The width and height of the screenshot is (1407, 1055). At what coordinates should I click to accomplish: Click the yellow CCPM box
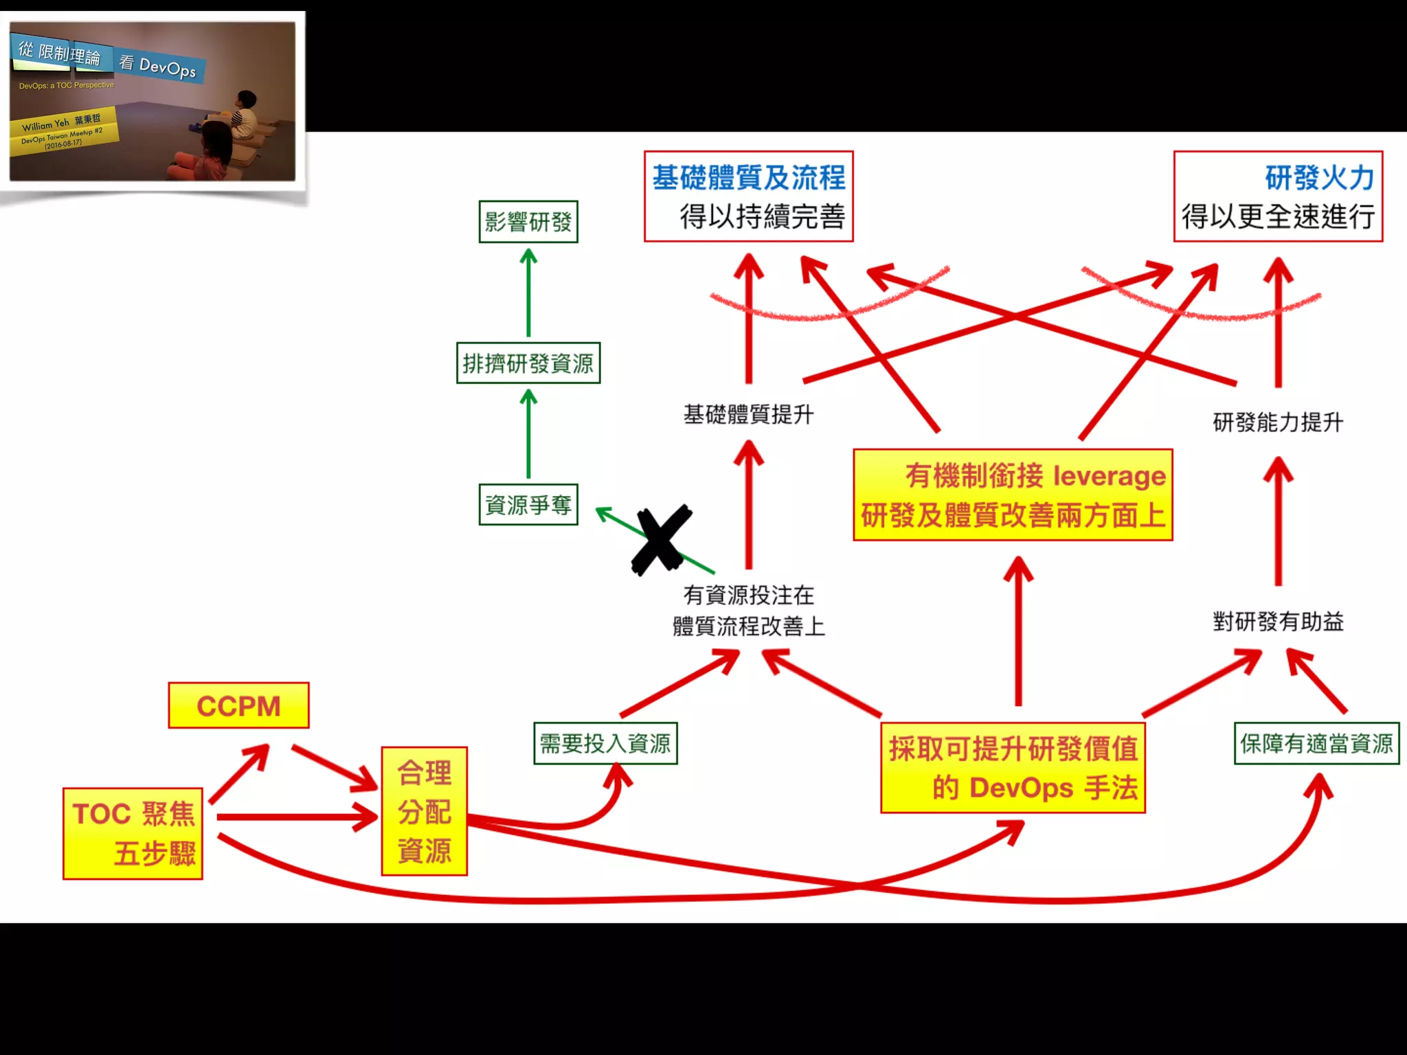coord(238,705)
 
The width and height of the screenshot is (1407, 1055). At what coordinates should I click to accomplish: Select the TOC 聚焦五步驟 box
coord(133,833)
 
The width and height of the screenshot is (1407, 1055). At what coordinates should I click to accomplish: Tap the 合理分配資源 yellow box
coord(424,811)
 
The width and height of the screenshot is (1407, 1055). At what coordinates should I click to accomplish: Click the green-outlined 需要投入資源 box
coord(605,743)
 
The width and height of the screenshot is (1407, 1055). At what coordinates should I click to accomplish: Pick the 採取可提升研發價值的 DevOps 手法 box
coord(1013,768)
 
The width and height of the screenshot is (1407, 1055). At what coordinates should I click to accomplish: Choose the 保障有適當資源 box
coord(1316,743)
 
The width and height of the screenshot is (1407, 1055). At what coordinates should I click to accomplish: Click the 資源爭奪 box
coord(528,505)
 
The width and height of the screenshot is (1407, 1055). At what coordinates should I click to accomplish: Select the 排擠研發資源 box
coord(528,363)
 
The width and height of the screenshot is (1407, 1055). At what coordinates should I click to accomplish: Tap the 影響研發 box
coord(528,221)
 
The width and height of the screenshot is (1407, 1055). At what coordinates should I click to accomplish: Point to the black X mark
coord(661,540)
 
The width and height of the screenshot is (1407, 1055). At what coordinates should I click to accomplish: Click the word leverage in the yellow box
coord(1109,475)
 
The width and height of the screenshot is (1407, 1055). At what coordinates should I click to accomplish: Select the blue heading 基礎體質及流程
coord(748,177)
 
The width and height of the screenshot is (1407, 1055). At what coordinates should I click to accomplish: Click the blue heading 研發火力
coord(1319,177)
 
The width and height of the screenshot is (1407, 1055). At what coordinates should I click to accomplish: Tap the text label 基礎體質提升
coord(748,414)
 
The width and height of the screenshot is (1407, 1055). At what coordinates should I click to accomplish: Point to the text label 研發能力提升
coord(1278,422)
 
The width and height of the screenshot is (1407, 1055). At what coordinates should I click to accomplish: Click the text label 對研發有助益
coord(1278,622)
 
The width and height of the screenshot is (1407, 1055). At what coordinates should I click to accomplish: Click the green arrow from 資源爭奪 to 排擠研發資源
coord(528,434)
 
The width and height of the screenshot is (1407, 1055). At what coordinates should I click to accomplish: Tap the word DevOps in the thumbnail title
coord(167,68)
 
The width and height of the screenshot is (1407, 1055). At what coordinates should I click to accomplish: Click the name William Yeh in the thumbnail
coord(45,125)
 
